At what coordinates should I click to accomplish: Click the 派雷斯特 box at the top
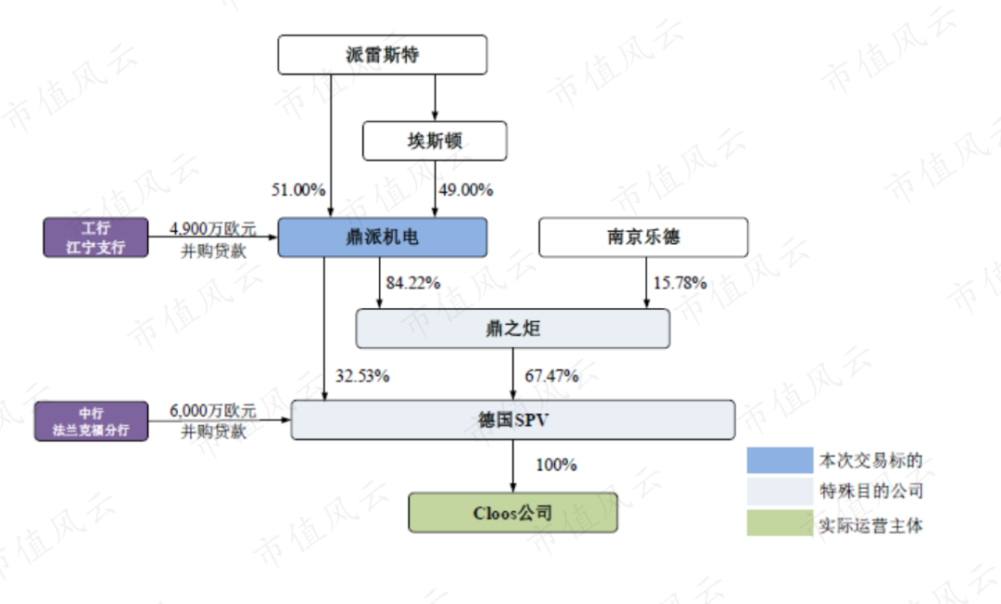382,55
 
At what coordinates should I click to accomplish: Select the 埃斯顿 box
435,141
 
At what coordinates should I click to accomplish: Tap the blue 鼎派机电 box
382,238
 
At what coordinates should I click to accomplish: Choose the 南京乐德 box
643,238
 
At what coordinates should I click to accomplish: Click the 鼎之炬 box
513,328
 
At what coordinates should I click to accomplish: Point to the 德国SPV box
513,419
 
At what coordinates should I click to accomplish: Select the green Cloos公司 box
513,513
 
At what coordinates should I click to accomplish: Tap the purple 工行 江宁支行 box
95,238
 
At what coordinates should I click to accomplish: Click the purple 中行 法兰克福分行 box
91,420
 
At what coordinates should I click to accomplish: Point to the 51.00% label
298,190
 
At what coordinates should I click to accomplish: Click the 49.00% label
465,190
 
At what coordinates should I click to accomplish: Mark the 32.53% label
361,376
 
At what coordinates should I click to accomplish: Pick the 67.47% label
552,376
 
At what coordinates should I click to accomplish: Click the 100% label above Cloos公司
556,464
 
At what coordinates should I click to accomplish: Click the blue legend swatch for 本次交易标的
778,460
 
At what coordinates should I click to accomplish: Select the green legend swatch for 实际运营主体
778,524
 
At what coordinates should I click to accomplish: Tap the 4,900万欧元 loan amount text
212,228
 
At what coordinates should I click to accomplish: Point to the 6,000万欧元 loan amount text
212,411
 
